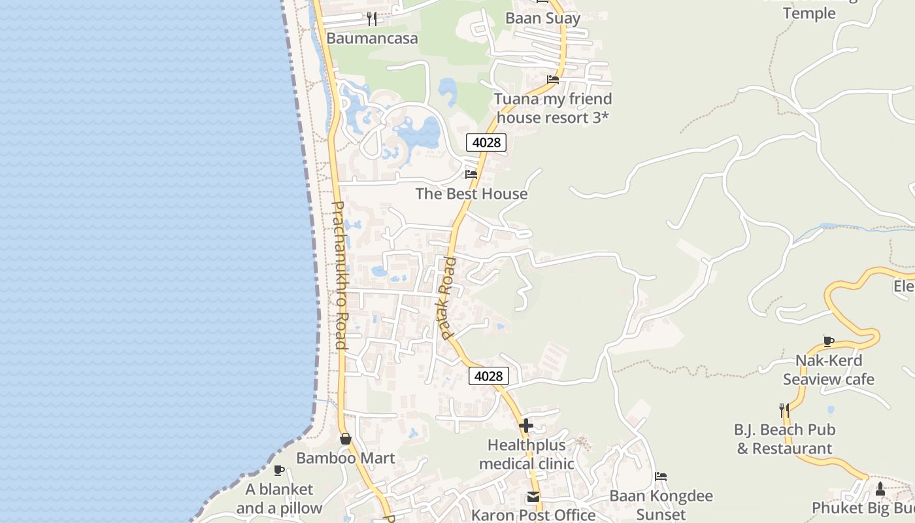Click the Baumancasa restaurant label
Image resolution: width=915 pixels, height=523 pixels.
click(372, 38)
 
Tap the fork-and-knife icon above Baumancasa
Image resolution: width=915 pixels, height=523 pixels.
click(372, 18)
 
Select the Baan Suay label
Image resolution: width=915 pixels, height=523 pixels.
click(542, 18)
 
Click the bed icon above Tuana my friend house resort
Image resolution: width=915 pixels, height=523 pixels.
click(553, 80)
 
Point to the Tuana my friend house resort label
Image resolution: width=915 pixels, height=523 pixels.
click(553, 108)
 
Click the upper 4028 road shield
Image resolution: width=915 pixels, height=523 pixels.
click(486, 142)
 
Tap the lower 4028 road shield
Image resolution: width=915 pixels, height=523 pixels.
click(489, 376)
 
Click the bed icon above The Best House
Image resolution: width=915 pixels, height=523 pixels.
click(471, 174)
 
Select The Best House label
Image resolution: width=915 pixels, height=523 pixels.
click(471, 194)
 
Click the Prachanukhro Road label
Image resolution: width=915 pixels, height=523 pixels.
click(339, 275)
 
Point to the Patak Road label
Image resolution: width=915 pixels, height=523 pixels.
click(448, 298)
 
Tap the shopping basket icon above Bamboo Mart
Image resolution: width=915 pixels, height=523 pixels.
click(346, 439)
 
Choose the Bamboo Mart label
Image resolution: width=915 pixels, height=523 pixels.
click(346, 458)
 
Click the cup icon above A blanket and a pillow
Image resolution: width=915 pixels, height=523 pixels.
click(279, 470)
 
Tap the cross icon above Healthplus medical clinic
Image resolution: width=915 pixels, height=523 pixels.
click(526, 426)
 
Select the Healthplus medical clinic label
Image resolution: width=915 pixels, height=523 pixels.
click(526, 454)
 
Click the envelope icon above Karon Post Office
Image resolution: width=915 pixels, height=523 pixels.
click(533, 498)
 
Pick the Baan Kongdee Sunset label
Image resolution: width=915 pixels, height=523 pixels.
click(661, 505)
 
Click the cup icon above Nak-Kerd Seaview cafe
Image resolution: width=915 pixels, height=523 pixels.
click(829, 341)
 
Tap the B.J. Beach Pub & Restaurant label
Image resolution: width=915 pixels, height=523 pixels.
click(784, 439)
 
